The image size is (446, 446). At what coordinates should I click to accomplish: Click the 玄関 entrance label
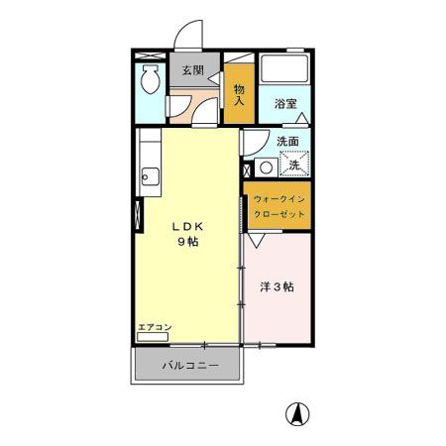point(192,70)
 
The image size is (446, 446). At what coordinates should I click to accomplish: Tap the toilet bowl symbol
point(149,78)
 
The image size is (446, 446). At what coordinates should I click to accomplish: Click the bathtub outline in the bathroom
point(285,69)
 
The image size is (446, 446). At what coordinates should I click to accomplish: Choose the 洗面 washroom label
point(288,140)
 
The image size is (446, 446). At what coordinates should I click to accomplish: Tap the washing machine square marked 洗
point(294,161)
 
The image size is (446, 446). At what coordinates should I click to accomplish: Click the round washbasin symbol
point(265,166)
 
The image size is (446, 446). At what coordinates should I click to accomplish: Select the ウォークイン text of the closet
point(279,200)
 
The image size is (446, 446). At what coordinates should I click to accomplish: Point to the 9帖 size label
point(185,242)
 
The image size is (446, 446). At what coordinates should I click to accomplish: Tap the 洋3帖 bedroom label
point(277,287)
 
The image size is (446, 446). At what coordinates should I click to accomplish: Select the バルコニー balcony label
point(186,366)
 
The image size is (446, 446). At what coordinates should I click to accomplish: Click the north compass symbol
point(294,412)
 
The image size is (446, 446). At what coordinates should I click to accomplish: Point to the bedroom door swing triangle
point(256,240)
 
